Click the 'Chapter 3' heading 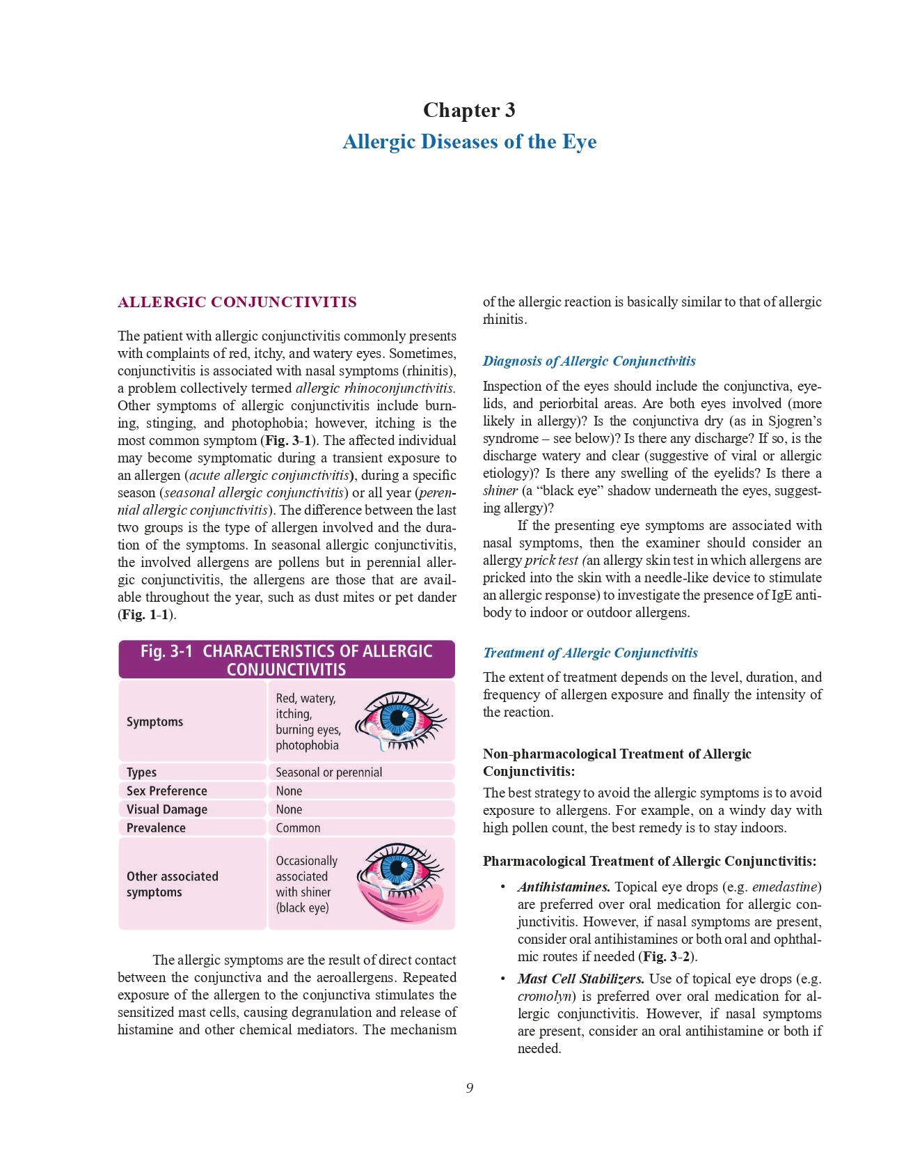tap(469, 110)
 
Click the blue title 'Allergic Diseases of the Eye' tap(469, 141)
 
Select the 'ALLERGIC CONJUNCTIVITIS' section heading tap(237, 302)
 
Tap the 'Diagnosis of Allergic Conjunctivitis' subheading tap(589, 361)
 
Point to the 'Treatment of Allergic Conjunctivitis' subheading tap(590, 653)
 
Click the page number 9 tap(470, 1088)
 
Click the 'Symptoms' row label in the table tap(154, 722)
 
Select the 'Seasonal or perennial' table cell tap(328, 772)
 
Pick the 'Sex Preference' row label tap(166, 791)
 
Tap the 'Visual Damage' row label tap(166, 809)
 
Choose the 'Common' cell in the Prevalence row tap(298, 828)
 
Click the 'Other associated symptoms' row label tap(172, 884)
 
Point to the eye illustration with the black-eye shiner tap(400, 882)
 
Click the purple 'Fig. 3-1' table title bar tap(286, 660)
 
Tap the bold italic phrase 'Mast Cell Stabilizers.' tap(580, 979)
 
